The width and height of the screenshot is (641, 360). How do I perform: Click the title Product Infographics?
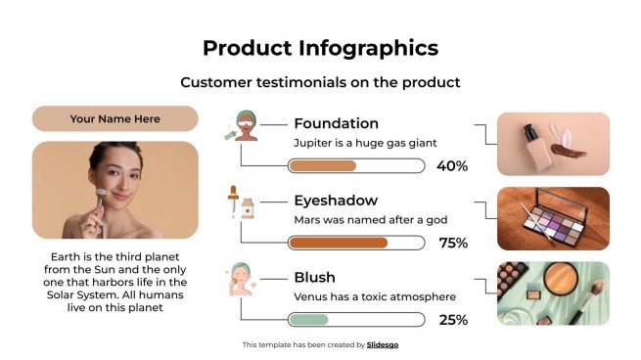[x=320, y=48]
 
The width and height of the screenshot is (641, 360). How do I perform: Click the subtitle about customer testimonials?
[x=320, y=83]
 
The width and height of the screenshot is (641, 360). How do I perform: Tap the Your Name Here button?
[x=115, y=119]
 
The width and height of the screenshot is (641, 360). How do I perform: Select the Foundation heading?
[x=336, y=123]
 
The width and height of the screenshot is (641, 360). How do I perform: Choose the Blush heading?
[x=314, y=277]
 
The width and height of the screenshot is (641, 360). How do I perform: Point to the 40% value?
[x=451, y=166]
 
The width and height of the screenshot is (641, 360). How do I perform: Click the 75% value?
[x=452, y=243]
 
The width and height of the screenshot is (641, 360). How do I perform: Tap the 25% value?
[x=452, y=320]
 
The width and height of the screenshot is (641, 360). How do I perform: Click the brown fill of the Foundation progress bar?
[x=322, y=166]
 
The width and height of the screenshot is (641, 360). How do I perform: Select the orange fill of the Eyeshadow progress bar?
[x=339, y=243]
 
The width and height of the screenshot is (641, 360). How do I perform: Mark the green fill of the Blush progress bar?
[x=308, y=320]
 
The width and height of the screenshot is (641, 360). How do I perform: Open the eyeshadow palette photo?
[x=553, y=218]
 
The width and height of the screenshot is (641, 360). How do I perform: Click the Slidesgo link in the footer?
[x=383, y=344]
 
